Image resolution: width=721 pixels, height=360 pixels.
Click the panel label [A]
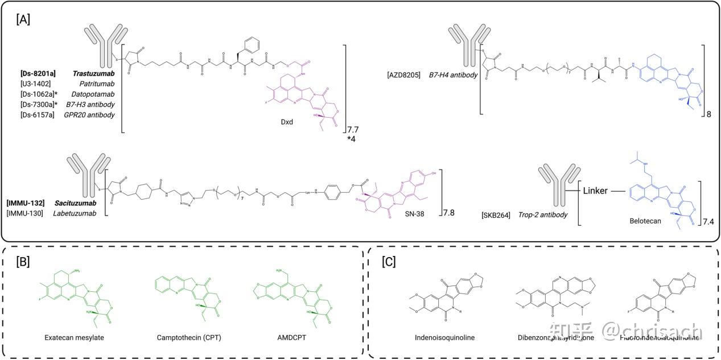(23, 19)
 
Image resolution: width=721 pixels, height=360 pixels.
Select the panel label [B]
(23, 262)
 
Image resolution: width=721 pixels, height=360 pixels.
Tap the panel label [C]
(389, 262)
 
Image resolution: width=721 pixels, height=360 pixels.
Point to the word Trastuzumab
(93, 75)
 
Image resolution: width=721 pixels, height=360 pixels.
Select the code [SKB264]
(495, 214)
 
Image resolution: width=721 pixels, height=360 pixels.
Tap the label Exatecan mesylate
(73, 337)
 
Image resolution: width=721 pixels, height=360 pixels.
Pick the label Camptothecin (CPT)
(188, 337)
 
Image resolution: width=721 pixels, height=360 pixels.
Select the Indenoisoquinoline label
(444, 337)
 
